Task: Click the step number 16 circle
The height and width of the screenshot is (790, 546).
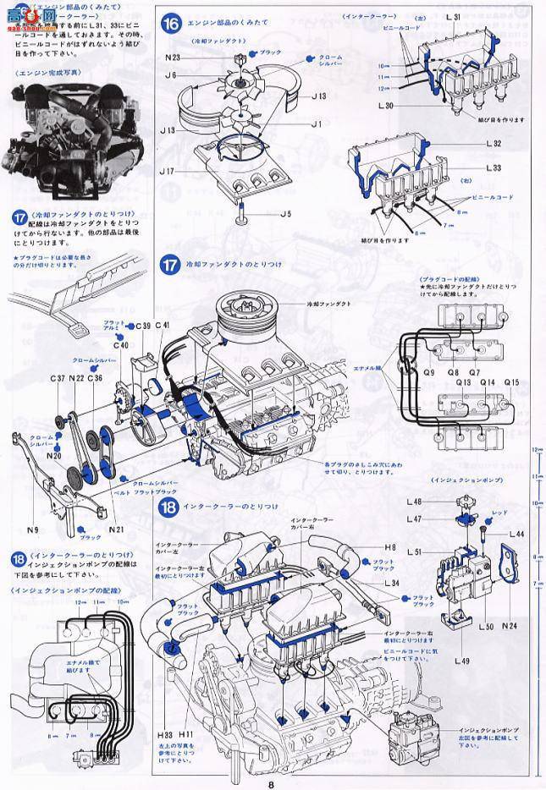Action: pos(172,24)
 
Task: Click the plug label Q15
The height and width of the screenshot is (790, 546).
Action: pos(510,382)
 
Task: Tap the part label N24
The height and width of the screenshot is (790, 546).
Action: pos(510,627)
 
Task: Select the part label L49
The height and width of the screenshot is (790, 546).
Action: pos(462,659)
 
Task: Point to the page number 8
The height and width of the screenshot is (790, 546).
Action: pos(271,782)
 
